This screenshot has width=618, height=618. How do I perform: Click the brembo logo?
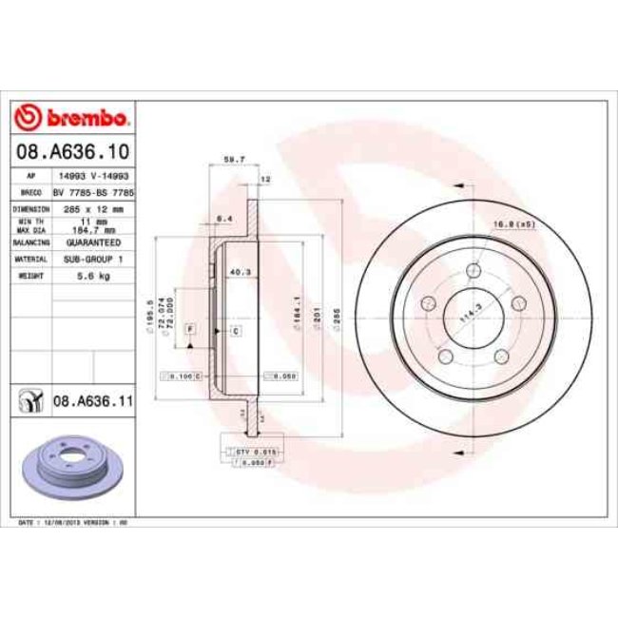(73, 118)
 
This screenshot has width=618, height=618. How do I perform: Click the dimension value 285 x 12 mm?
(91, 208)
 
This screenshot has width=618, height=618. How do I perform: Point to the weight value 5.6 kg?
(91, 276)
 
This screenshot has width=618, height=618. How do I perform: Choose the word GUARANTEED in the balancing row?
(91, 242)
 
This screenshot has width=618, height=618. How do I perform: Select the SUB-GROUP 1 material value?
(91, 259)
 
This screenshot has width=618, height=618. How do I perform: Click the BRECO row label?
(28, 192)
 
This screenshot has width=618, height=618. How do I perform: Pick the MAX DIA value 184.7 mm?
(93, 229)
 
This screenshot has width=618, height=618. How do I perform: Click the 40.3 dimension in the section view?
(240, 272)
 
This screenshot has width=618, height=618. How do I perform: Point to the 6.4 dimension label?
(225, 219)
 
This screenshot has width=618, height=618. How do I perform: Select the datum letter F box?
(190, 329)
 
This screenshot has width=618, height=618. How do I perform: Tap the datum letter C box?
(235, 330)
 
